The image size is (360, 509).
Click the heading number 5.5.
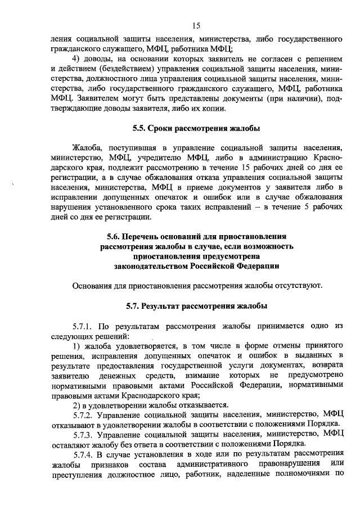[139, 128]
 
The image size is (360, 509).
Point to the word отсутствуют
[300, 286]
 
